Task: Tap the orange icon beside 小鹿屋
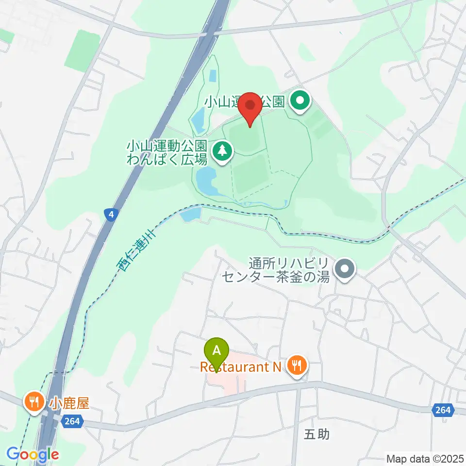34,403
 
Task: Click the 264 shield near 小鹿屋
71,422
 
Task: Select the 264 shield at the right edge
443,411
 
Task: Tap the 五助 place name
316,434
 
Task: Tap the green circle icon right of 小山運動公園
300,102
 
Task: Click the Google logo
33,454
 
